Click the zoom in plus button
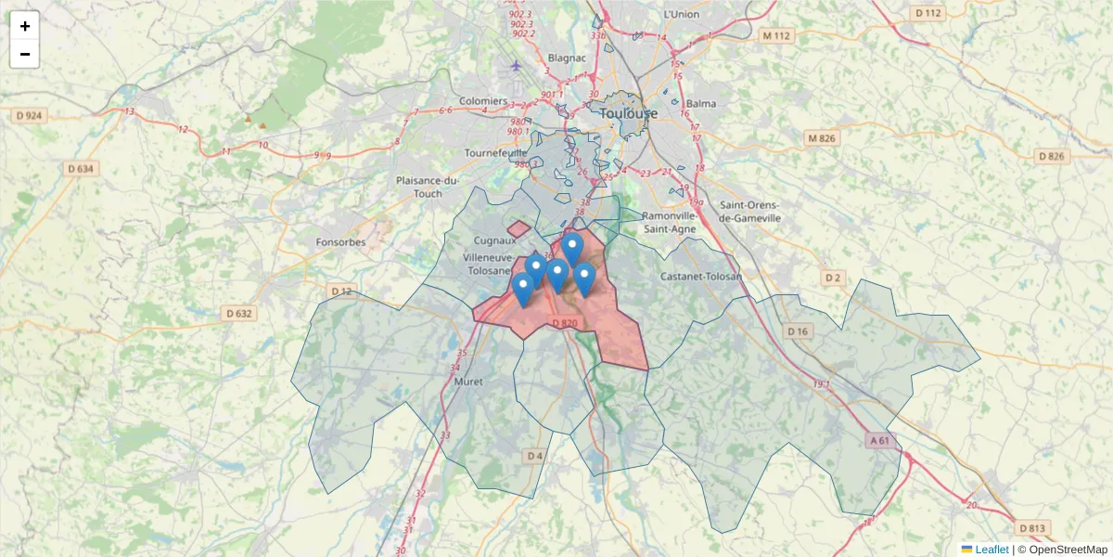[x=25, y=26]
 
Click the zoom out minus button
[x=25, y=54]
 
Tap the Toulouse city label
[x=628, y=113]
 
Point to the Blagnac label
[x=568, y=58]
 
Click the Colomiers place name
[x=483, y=100]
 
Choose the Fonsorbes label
[x=339, y=242]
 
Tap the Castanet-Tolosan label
[x=701, y=277]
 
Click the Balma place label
[x=702, y=103]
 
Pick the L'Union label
[x=681, y=15]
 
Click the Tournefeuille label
[x=495, y=152]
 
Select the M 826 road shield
[x=821, y=138]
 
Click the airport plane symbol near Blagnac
[x=517, y=65]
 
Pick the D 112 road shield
[x=927, y=13]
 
